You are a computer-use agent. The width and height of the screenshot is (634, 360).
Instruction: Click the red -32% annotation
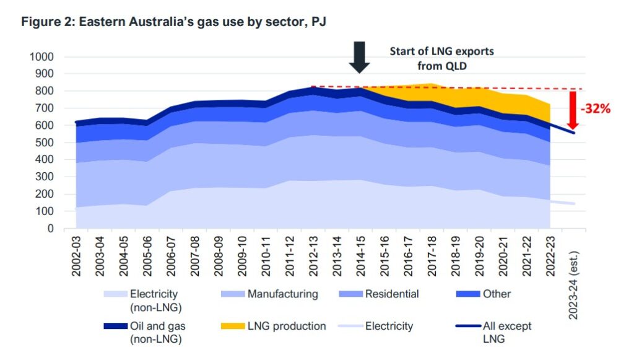tap(595, 109)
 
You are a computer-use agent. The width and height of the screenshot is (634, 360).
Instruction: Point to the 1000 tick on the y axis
tap(41, 57)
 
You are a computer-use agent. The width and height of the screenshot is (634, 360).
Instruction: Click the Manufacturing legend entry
tap(282, 294)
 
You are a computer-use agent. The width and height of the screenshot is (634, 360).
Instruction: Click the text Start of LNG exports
tap(441, 51)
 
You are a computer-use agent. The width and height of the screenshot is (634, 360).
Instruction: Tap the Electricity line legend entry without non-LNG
tap(389, 326)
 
